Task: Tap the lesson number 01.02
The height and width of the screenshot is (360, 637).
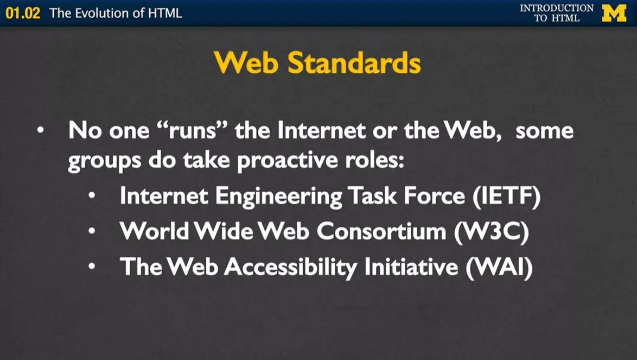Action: coord(23,13)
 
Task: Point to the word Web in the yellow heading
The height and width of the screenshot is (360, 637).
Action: coord(247,64)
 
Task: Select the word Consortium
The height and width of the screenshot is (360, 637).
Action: coord(384,231)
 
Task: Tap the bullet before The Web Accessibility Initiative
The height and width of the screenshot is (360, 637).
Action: coord(94,267)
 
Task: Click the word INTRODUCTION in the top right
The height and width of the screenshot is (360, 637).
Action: coord(557,8)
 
